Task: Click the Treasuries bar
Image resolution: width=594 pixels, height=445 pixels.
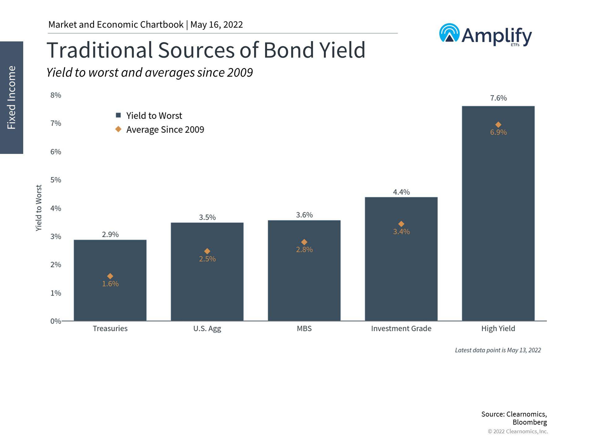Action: pyautogui.click(x=110, y=297)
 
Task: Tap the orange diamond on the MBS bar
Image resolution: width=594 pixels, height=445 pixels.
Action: pyautogui.click(x=304, y=242)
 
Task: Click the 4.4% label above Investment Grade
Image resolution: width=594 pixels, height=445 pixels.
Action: pyautogui.click(x=401, y=192)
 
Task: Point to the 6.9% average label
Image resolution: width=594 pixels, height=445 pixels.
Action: pyautogui.click(x=498, y=132)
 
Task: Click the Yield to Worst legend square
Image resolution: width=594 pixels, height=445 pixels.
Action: pyautogui.click(x=118, y=115)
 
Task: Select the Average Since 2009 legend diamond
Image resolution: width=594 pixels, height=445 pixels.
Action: pyautogui.click(x=118, y=129)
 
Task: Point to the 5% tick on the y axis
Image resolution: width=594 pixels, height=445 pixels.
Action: pyautogui.click(x=56, y=180)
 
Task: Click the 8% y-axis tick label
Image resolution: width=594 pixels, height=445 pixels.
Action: pyautogui.click(x=56, y=95)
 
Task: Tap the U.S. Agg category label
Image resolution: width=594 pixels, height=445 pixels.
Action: pyautogui.click(x=207, y=328)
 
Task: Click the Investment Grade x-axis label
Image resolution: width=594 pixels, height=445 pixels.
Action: pyautogui.click(x=401, y=328)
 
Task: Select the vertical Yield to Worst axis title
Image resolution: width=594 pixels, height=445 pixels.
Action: pyautogui.click(x=38, y=208)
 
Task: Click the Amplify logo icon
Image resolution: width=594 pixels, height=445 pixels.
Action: pyautogui.click(x=449, y=33)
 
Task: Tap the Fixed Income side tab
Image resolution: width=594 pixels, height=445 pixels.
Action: pyautogui.click(x=11, y=97)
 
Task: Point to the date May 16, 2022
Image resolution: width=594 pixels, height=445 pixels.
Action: pyautogui.click(x=217, y=25)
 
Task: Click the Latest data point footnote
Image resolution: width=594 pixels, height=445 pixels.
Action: pyautogui.click(x=497, y=350)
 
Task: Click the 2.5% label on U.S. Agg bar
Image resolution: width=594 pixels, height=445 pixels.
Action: pyautogui.click(x=207, y=259)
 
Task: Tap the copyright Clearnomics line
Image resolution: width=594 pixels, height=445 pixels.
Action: pyautogui.click(x=518, y=431)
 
